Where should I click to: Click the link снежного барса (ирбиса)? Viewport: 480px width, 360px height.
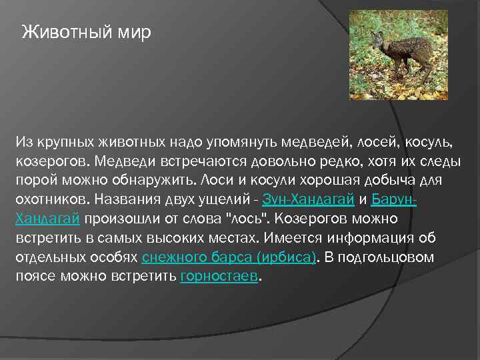229,257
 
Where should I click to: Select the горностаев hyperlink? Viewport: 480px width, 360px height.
218,277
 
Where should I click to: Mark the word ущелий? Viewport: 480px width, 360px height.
224,199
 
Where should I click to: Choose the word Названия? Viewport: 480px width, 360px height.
126,199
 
